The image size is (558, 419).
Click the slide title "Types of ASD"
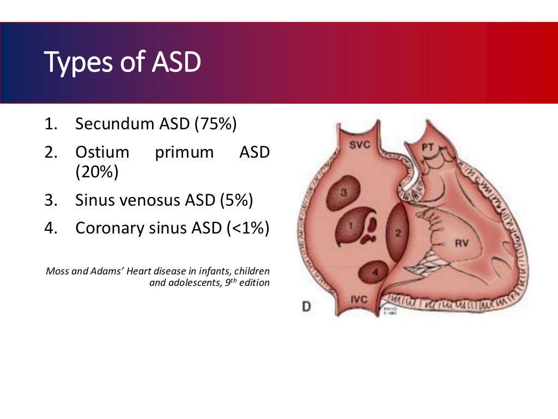pyautogui.click(x=122, y=62)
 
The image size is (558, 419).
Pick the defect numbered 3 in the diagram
pyautogui.click(x=343, y=192)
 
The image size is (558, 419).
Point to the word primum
pyautogui.click(x=184, y=153)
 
